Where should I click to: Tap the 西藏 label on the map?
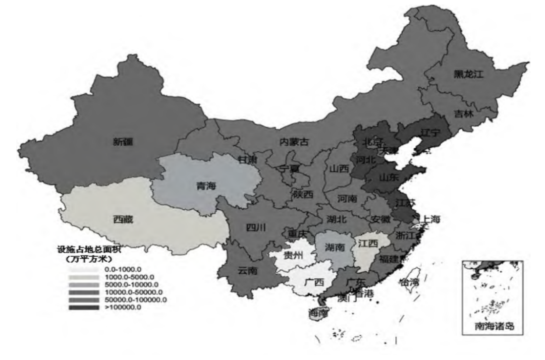pyautogui.click(x=123, y=219)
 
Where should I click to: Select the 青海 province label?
pyautogui.click(x=206, y=186)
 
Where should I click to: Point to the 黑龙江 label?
pyautogui.click(x=469, y=74)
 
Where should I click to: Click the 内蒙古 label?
pyautogui.click(x=294, y=142)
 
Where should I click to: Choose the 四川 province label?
pyautogui.click(x=256, y=227)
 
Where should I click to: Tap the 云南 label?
pyautogui.click(x=247, y=270)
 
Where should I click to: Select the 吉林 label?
pyautogui.click(x=463, y=113)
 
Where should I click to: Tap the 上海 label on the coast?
pyautogui.click(x=432, y=219)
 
